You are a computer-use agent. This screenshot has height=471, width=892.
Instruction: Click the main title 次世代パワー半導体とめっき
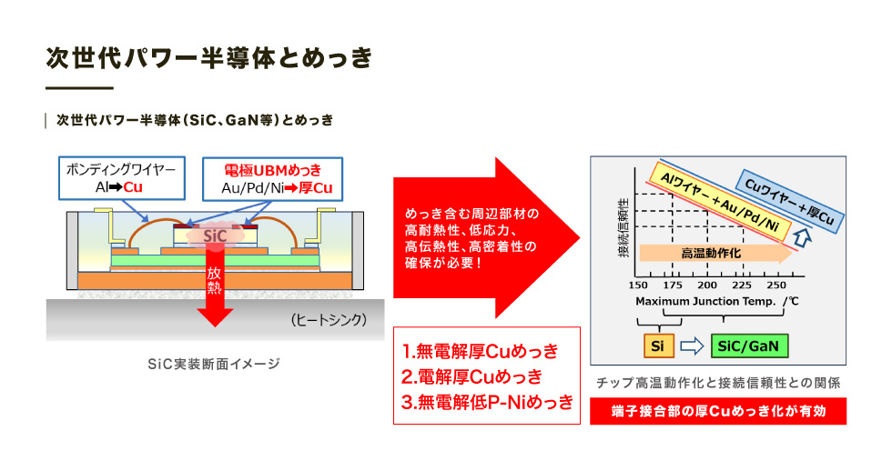click(208, 58)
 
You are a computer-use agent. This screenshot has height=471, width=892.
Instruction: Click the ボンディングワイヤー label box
click(122, 178)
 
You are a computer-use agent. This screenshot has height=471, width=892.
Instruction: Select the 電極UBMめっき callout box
click(272, 179)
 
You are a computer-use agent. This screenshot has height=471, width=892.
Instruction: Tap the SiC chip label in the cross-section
click(215, 235)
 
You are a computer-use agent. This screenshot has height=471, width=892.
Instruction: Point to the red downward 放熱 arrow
click(215, 284)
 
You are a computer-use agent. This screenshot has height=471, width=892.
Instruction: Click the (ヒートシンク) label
click(329, 320)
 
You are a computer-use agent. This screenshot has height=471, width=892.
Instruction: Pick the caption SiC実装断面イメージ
click(214, 364)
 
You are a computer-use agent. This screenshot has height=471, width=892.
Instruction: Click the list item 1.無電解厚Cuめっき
click(481, 351)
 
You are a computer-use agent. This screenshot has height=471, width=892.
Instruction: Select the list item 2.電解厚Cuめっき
click(472, 376)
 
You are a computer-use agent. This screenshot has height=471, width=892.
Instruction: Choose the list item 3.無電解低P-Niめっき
click(488, 402)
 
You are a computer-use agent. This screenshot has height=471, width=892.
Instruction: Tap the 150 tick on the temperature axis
click(638, 286)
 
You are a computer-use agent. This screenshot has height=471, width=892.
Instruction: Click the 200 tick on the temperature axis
click(707, 286)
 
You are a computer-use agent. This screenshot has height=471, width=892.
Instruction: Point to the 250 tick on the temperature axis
click(776, 286)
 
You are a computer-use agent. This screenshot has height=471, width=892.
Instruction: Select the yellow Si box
click(658, 346)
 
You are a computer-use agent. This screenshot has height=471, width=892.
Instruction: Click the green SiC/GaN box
click(749, 346)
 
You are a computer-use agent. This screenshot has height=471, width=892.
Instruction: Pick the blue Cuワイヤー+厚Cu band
click(790, 201)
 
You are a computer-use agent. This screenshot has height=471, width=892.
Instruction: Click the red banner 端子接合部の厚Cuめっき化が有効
click(718, 411)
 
